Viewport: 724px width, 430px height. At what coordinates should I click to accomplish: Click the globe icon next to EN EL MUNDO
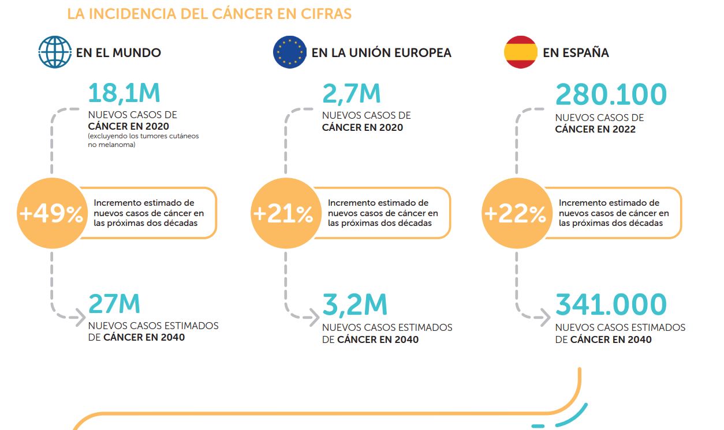(x=55, y=52)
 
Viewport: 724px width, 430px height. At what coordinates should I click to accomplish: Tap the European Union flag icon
(x=289, y=52)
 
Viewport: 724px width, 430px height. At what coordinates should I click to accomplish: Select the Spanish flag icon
(x=521, y=52)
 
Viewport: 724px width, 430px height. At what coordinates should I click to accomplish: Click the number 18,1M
(x=124, y=94)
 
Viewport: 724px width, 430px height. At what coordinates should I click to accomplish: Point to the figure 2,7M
(x=352, y=94)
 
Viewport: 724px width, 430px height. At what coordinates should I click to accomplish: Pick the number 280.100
(x=611, y=94)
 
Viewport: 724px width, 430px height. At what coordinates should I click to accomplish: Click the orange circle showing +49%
(x=51, y=214)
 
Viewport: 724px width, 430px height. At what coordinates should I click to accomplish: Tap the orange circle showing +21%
(x=283, y=214)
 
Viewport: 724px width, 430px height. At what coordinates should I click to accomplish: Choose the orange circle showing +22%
(x=515, y=214)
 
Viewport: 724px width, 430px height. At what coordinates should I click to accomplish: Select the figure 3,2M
(x=354, y=305)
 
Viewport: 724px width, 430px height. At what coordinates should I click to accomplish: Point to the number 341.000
(x=611, y=305)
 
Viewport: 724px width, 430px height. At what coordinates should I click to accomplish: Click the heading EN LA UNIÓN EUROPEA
(x=381, y=53)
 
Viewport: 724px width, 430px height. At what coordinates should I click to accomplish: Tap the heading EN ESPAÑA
(x=576, y=53)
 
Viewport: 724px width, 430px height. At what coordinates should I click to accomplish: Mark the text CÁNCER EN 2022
(x=595, y=129)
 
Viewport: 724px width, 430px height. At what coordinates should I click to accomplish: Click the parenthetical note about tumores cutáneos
(x=143, y=140)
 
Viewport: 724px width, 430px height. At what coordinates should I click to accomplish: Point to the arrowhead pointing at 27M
(x=79, y=316)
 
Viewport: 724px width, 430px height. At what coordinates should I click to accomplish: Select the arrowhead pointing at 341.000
(x=544, y=316)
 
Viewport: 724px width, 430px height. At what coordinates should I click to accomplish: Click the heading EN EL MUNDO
(x=118, y=53)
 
